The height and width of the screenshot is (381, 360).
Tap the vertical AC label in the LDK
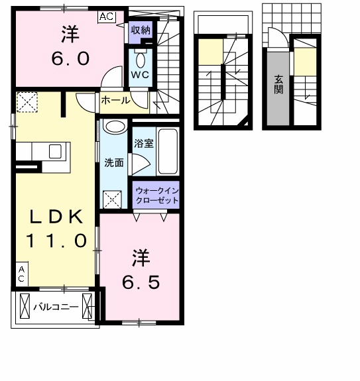pos(21,274)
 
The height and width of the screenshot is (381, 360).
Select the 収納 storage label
pos(140,30)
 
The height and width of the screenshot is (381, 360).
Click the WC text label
pos(140,75)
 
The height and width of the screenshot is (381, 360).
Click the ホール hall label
pos(115,101)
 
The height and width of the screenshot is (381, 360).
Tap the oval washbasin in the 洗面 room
pos(114,128)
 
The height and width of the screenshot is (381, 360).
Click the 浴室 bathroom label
pos(143,143)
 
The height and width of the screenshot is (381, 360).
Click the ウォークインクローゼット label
pos(156,195)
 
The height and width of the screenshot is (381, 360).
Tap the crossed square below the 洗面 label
pos(111,197)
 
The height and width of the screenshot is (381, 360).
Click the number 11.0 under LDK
pos(56,240)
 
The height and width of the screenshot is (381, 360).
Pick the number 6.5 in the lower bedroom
pos(140,282)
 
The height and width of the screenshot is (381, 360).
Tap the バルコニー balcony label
pos(57,307)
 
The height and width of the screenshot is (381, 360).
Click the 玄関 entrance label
pos(278,83)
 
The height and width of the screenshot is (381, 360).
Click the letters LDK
pos(56,216)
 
